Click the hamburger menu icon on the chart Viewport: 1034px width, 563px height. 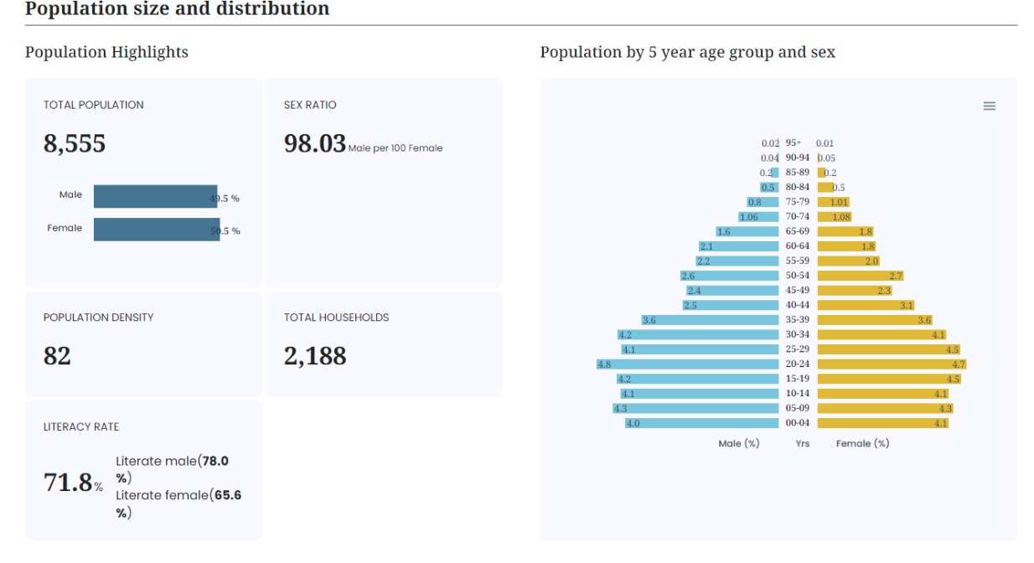coord(990,106)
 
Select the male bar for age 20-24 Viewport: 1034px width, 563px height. coord(687,364)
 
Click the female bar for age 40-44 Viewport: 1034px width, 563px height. coord(866,305)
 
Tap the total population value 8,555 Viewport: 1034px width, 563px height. coord(75,143)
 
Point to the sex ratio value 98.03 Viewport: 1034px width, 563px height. coord(315,143)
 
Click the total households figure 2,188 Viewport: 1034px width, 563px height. coord(315,356)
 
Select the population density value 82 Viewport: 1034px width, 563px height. coord(57,356)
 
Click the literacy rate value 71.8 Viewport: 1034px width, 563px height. coord(68,483)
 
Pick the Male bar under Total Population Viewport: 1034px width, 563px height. coord(156,197)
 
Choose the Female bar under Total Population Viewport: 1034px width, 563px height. coord(157,230)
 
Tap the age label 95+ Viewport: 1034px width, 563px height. coord(793,142)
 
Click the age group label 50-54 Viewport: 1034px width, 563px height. coord(797,276)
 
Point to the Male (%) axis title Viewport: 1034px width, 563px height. coord(738,443)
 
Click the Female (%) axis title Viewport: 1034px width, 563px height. coord(862,443)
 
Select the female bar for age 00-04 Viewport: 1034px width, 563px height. coord(883,423)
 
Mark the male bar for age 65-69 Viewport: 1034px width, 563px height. coord(747,231)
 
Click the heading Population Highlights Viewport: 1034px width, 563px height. coord(106,52)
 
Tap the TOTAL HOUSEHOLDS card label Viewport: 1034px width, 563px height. coord(336,318)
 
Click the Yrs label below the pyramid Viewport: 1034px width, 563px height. coord(802,443)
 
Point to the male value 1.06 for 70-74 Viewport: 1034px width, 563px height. coord(748,217)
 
